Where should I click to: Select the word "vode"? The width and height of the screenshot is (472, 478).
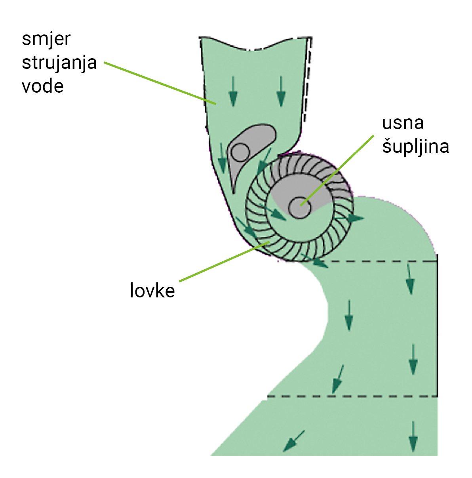pos(42,86)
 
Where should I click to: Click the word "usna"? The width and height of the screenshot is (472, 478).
pos(403,123)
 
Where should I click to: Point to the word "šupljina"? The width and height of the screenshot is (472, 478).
pos(415,147)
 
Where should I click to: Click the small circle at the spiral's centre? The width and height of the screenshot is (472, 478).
pos(299,207)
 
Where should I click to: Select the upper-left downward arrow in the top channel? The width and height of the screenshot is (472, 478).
pos(233,91)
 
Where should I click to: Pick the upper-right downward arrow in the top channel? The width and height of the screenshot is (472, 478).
pos(281,91)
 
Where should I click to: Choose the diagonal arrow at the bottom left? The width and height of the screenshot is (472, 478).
pos(293,441)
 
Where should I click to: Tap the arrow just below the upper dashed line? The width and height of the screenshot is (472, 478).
pos(410,279)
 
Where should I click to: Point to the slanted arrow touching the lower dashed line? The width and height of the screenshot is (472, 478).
pos(337,379)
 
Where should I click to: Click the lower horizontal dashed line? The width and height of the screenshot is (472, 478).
pos(352,396)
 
